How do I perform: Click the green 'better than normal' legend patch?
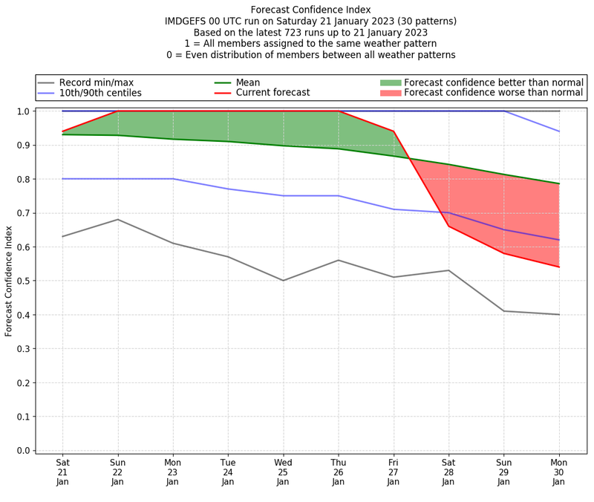click(390, 82)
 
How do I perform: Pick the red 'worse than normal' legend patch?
click(390, 93)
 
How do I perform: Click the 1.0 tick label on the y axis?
click(22, 111)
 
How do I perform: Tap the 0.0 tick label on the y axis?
click(22, 451)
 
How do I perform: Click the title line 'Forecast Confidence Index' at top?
click(310, 10)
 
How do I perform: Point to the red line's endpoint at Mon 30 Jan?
click(559, 267)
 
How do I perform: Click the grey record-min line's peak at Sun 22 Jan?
click(118, 219)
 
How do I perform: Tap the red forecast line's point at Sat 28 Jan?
click(448, 226)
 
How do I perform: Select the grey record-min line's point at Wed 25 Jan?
click(283, 281)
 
